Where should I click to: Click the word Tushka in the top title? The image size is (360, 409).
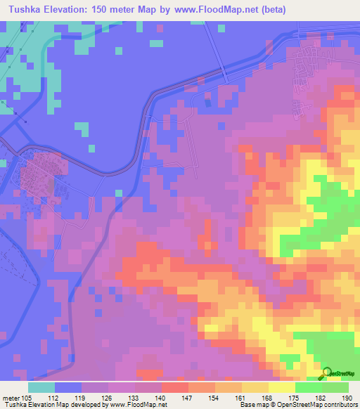point(23,11)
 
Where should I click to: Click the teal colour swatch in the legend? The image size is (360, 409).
point(41,387)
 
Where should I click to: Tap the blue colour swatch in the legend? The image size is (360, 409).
point(68,387)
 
